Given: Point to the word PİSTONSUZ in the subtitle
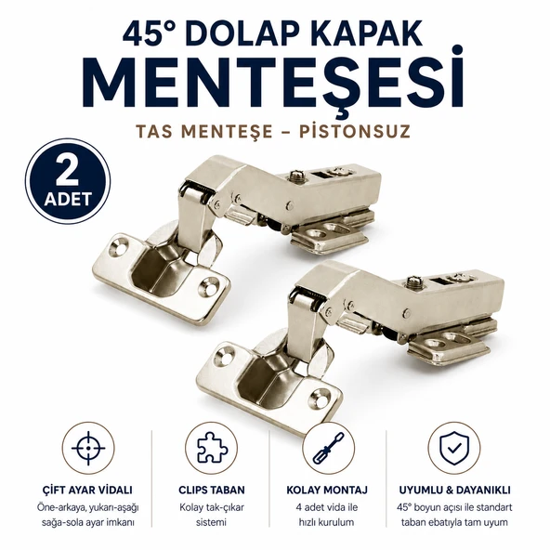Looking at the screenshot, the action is pyautogui.click(x=355, y=132).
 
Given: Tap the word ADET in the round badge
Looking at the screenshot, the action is pyautogui.click(x=68, y=199).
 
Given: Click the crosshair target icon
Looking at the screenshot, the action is pyautogui.click(x=88, y=449).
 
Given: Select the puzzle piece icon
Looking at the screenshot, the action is pyautogui.click(x=212, y=448).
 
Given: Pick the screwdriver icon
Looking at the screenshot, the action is pyautogui.click(x=328, y=449).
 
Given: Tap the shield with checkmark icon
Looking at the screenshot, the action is pyautogui.click(x=454, y=449).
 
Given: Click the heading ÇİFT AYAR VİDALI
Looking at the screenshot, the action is pyautogui.click(x=87, y=490).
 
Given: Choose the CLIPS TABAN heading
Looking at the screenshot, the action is pyautogui.click(x=212, y=490).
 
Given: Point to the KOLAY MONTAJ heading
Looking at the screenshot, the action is pyautogui.click(x=327, y=490).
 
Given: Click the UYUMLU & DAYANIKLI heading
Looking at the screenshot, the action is pyautogui.click(x=454, y=490).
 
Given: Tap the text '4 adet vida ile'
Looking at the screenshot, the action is pyautogui.click(x=327, y=507).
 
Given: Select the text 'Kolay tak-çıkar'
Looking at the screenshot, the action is pyautogui.click(x=212, y=507).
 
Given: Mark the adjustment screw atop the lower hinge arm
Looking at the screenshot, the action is pyautogui.click(x=413, y=282).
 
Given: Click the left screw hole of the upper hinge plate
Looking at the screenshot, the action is pyautogui.click(x=118, y=246).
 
